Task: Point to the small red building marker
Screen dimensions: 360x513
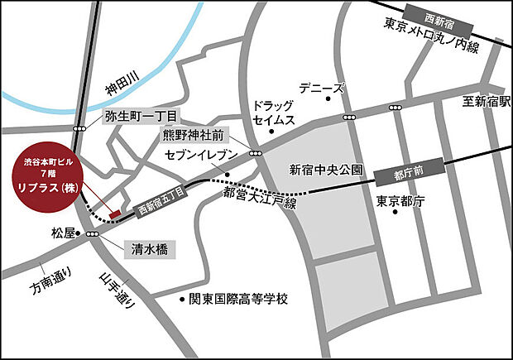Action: point(115,214)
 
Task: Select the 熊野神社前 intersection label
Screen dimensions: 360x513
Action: point(192,135)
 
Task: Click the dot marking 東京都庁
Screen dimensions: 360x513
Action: point(396,212)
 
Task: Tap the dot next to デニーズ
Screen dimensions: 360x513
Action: point(328,98)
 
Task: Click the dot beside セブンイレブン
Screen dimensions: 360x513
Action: point(226,175)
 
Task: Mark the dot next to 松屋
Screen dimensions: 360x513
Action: point(79,234)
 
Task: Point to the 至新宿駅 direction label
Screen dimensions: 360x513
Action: point(485,103)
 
